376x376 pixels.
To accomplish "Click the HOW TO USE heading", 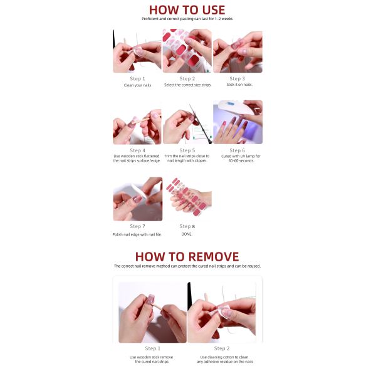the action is tap(187, 10).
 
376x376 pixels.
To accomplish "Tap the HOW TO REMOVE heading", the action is tap(187, 256).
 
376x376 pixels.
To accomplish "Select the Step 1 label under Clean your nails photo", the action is tap(137, 79).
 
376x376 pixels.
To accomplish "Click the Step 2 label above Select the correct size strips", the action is tap(187, 79).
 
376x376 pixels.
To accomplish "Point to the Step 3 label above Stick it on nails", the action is tap(237, 79).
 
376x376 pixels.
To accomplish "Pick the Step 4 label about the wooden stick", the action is tap(137, 150).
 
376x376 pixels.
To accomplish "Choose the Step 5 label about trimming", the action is tap(187, 150).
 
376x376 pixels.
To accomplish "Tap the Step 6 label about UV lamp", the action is tap(237, 150).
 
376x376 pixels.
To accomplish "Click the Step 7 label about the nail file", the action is tap(137, 226).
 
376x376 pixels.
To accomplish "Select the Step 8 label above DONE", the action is tap(187, 226).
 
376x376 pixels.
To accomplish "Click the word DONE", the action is tap(187, 234).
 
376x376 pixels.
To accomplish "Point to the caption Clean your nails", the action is tap(137, 85).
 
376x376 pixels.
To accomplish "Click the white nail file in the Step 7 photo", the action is tap(139, 191).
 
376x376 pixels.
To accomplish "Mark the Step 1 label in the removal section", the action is tap(152, 348).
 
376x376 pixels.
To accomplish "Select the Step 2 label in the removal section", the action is tap(222, 348).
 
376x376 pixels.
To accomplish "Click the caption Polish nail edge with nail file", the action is tap(137, 234).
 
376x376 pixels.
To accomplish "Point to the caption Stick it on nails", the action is tap(239, 85).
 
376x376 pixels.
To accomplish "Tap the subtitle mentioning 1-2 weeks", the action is tap(187, 19).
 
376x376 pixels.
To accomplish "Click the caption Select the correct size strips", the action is tap(187, 85).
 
